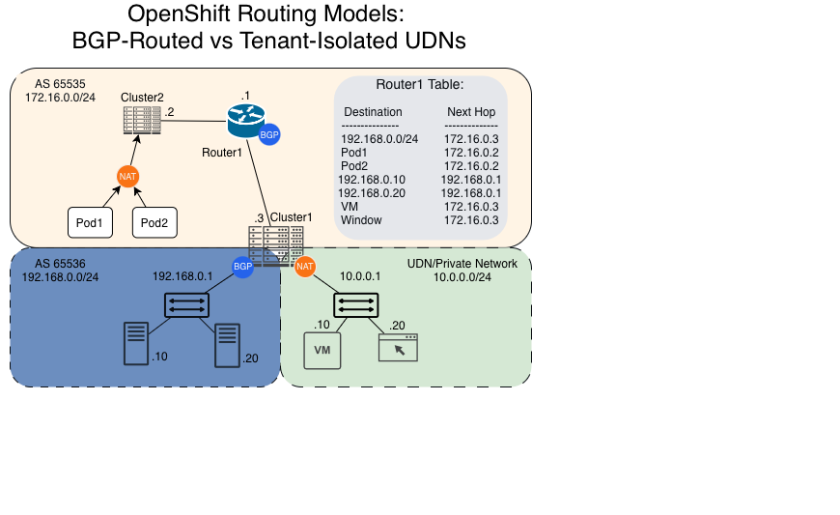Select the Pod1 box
pos(90,223)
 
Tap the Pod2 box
pos(154,223)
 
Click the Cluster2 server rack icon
pos(141,120)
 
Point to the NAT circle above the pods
pos(126,176)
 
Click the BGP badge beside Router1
pos(269,135)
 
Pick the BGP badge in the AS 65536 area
pos(242,267)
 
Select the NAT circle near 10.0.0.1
pos(305,266)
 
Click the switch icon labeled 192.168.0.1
pos(184,305)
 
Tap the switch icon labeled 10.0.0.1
pos(356,305)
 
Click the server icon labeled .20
pos(227,345)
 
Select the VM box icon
pos(322,350)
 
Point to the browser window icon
pos(398,347)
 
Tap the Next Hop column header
pos(471,112)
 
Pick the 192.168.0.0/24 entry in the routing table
pos(379,139)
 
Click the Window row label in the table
pos(361,220)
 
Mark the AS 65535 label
pos(60,84)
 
